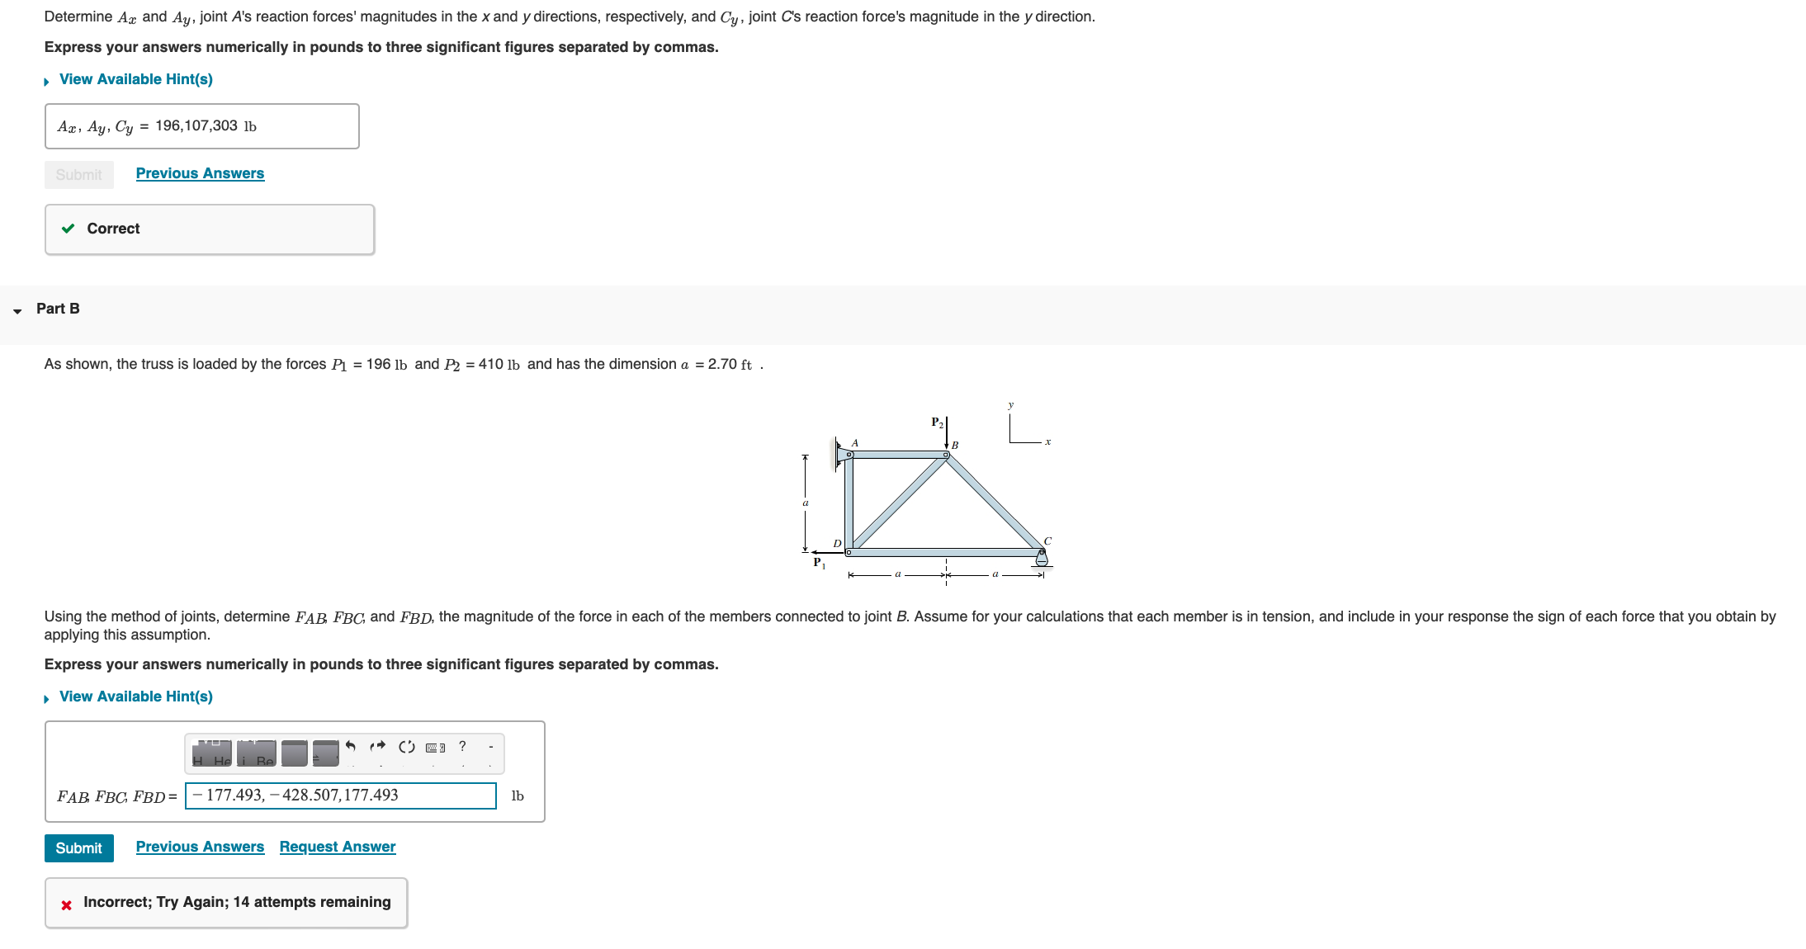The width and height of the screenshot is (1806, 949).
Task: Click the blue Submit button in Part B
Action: pos(78,847)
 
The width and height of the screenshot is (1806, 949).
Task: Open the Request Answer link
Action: pos(337,847)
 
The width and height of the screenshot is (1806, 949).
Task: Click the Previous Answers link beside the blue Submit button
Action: pos(200,847)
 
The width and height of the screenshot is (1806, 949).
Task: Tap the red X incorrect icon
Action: pos(67,905)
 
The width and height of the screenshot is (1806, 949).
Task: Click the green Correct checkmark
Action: pos(69,229)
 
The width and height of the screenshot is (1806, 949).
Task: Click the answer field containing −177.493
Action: pos(340,796)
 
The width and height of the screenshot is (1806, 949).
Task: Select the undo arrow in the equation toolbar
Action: pos(351,747)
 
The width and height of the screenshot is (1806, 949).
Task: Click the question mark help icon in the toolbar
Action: pos(462,746)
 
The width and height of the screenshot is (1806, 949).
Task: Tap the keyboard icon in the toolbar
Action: pos(435,748)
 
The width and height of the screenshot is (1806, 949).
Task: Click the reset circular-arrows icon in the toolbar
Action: pos(406,747)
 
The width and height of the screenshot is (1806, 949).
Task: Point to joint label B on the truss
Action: pos(955,446)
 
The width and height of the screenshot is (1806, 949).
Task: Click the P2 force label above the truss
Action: pos(937,423)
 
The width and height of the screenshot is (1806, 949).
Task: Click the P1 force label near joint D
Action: pos(819,563)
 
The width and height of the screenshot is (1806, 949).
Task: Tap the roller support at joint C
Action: pos(1042,559)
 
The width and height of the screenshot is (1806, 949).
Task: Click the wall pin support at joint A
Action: pos(842,453)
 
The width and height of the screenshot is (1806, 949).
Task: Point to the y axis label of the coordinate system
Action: pos(1010,405)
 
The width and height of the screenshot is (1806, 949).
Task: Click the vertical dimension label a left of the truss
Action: pos(806,503)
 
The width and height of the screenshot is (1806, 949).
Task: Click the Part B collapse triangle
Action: pos(17,310)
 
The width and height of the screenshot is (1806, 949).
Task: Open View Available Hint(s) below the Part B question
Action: pos(135,696)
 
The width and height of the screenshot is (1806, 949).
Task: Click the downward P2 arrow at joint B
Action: pos(947,433)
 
